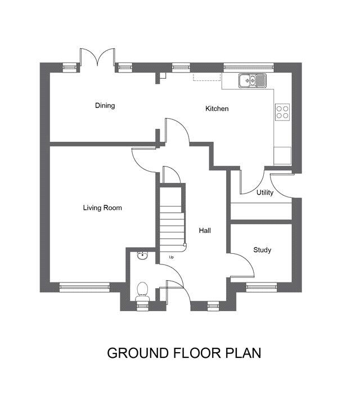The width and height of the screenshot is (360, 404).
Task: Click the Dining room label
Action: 105,105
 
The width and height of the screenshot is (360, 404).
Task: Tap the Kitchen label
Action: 217,109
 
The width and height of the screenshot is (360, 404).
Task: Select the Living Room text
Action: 102,208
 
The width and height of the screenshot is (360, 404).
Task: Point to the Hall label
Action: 205,230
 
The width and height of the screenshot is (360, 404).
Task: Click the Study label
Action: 262,250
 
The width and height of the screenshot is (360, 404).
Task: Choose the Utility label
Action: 265,192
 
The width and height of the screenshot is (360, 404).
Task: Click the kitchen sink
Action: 253,80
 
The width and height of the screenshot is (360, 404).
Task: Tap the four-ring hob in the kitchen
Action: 282,112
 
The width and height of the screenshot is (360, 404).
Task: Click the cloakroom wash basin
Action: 142,255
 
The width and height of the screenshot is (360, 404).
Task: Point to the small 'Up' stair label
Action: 171,257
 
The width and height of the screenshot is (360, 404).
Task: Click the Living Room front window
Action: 85,287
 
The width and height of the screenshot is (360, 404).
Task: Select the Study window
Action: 262,287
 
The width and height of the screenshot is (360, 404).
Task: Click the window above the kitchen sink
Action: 249,68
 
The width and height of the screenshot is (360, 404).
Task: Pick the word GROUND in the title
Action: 138,353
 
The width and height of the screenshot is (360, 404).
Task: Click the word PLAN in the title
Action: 244,353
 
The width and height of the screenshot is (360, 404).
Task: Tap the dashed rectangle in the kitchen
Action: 207,77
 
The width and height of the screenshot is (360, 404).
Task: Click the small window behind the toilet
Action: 142,306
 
